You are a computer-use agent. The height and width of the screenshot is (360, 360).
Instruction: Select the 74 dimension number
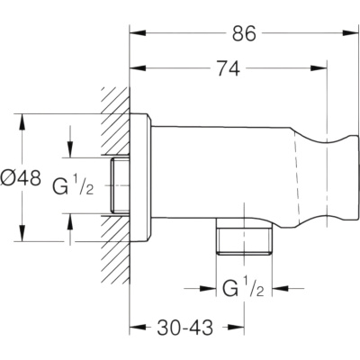pos(229,68)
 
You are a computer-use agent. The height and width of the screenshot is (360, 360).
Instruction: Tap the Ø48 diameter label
pos(21,177)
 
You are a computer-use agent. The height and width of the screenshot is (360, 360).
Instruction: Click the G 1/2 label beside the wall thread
pos(73,186)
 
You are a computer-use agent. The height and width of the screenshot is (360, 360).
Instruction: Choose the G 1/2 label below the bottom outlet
pos(243,288)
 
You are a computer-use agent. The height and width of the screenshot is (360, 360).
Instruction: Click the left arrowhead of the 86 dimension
pos(138,32)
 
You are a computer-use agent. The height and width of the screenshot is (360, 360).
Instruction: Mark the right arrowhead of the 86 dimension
pos(351,32)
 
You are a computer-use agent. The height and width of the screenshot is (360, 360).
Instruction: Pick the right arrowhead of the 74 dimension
pos(319,68)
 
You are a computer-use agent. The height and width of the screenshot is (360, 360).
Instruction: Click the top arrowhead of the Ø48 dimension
pos(22,122)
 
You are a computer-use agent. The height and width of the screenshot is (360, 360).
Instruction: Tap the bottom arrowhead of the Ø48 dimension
pos(22,233)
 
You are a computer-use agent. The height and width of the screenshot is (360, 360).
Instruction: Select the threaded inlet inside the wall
pos(120,186)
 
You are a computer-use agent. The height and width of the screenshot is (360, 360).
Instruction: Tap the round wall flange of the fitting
pos(139,177)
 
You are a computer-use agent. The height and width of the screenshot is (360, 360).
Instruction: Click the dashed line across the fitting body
pos(297,177)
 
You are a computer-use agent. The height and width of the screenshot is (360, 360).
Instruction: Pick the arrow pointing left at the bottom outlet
pos(280,288)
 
